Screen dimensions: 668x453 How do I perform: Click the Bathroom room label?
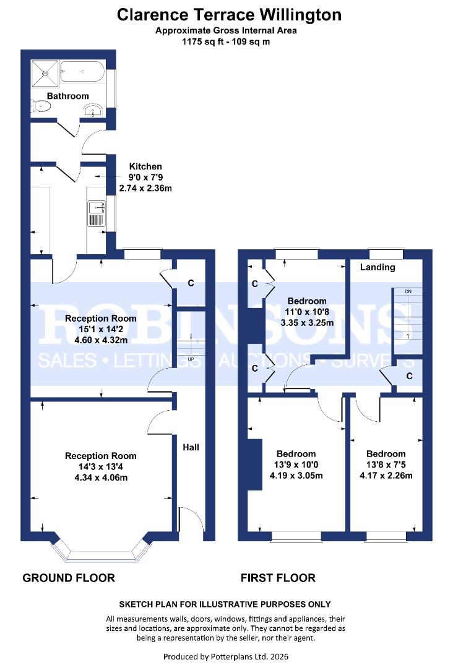coord(68,96)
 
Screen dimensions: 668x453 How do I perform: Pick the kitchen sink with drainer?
coord(96,213)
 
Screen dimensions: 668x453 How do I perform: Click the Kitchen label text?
coord(145,166)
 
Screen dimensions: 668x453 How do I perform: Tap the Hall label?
coord(190,446)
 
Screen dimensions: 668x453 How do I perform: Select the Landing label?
coord(377,267)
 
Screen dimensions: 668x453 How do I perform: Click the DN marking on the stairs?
coord(408,291)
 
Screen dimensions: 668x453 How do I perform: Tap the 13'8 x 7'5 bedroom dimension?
coord(386,465)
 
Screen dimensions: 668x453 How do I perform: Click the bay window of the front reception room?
coord(101,550)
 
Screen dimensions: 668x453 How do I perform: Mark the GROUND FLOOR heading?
coord(69,578)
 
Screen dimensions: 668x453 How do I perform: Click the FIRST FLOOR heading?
coord(278,578)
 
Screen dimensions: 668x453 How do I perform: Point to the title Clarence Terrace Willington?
coord(229,15)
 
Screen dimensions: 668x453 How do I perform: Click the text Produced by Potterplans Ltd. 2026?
coord(226,656)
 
